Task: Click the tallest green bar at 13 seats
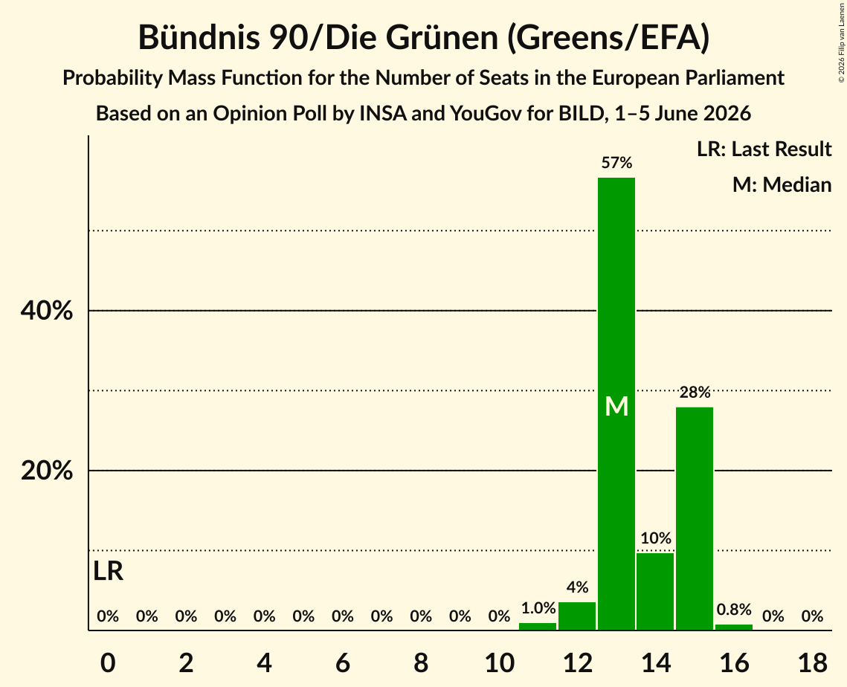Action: pyautogui.click(x=616, y=404)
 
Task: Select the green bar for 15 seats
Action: pyautogui.click(x=695, y=518)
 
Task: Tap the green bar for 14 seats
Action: pyautogui.click(x=655, y=591)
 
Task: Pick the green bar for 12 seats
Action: pyautogui.click(x=577, y=616)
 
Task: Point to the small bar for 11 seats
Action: pyautogui.click(x=538, y=627)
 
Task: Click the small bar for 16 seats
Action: pyautogui.click(x=733, y=627)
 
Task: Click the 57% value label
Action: pyautogui.click(x=616, y=163)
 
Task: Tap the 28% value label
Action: pyautogui.click(x=695, y=392)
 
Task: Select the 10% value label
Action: pyautogui.click(x=656, y=538)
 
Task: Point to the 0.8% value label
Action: pyautogui.click(x=734, y=609)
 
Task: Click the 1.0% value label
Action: pyautogui.click(x=538, y=608)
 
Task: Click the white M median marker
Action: pyautogui.click(x=616, y=406)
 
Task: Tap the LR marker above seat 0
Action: pyautogui.click(x=108, y=571)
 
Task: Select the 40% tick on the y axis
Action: pyautogui.click(x=46, y=311)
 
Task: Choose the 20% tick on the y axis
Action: pyautogui.click(x=46, y=471)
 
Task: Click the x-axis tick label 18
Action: pyautogui.click(x=812, y=662)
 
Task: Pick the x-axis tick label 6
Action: pyautogui.click(x=343, y=662)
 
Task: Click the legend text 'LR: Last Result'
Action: pyautogui.click(x=764, y=149)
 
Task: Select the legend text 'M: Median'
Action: pyautogui.click(x=782, y=184)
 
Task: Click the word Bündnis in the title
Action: pyautogui.click(x=199, y=37)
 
